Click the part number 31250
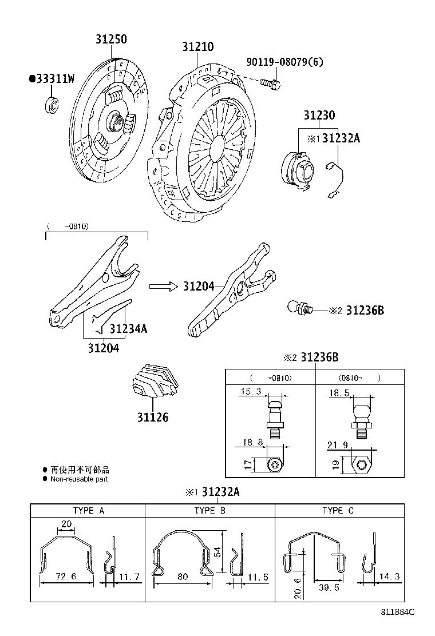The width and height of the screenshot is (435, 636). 111,39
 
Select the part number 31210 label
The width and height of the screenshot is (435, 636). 198,46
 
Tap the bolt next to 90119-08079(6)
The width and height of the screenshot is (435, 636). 270,84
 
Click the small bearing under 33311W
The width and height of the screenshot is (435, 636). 52,105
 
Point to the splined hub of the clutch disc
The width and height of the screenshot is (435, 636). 116,121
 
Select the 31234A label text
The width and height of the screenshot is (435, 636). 128,328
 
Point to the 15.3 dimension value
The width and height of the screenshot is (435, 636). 251,392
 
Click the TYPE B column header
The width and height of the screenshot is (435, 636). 209,510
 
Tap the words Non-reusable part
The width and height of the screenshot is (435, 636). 79,479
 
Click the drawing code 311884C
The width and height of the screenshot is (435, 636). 397,612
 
